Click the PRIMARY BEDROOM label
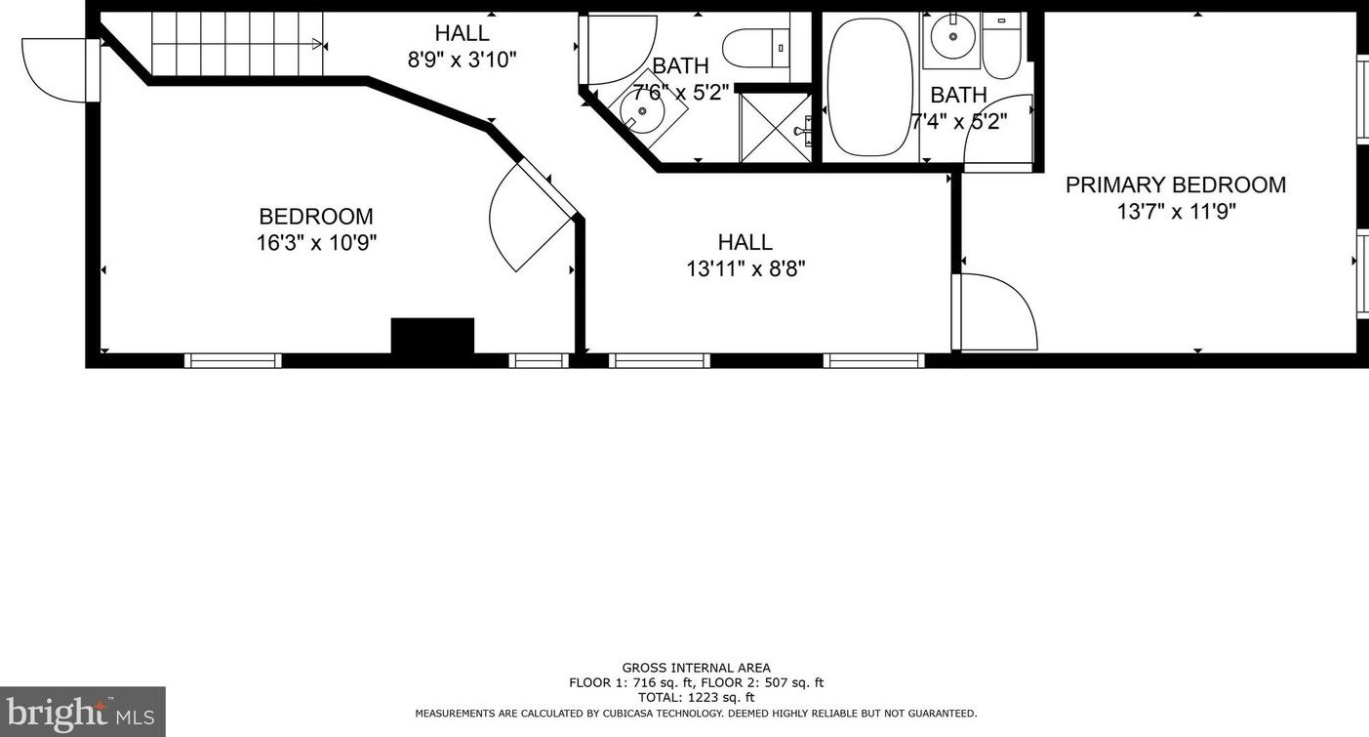(x=1175, y=184)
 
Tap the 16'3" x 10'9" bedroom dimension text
(x=316, y=243)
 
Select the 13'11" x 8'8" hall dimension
(x=745, y=268)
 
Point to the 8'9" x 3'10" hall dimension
(x=463, y=60)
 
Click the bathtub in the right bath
(x=872, y=87)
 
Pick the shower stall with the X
(x=776, y=128)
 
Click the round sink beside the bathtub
(x=952, y=38)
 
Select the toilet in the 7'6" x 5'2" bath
(x=757, y=47)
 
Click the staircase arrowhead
(x=316, y=43)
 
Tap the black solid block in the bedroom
(x=432, y=335)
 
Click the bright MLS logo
(x=83, y=712)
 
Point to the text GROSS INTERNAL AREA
(x=696, y=668)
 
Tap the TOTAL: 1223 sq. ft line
(x=696, y=697)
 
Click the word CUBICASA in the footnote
(x=630, y=714)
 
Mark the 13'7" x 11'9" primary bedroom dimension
(x=1177, y=212)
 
